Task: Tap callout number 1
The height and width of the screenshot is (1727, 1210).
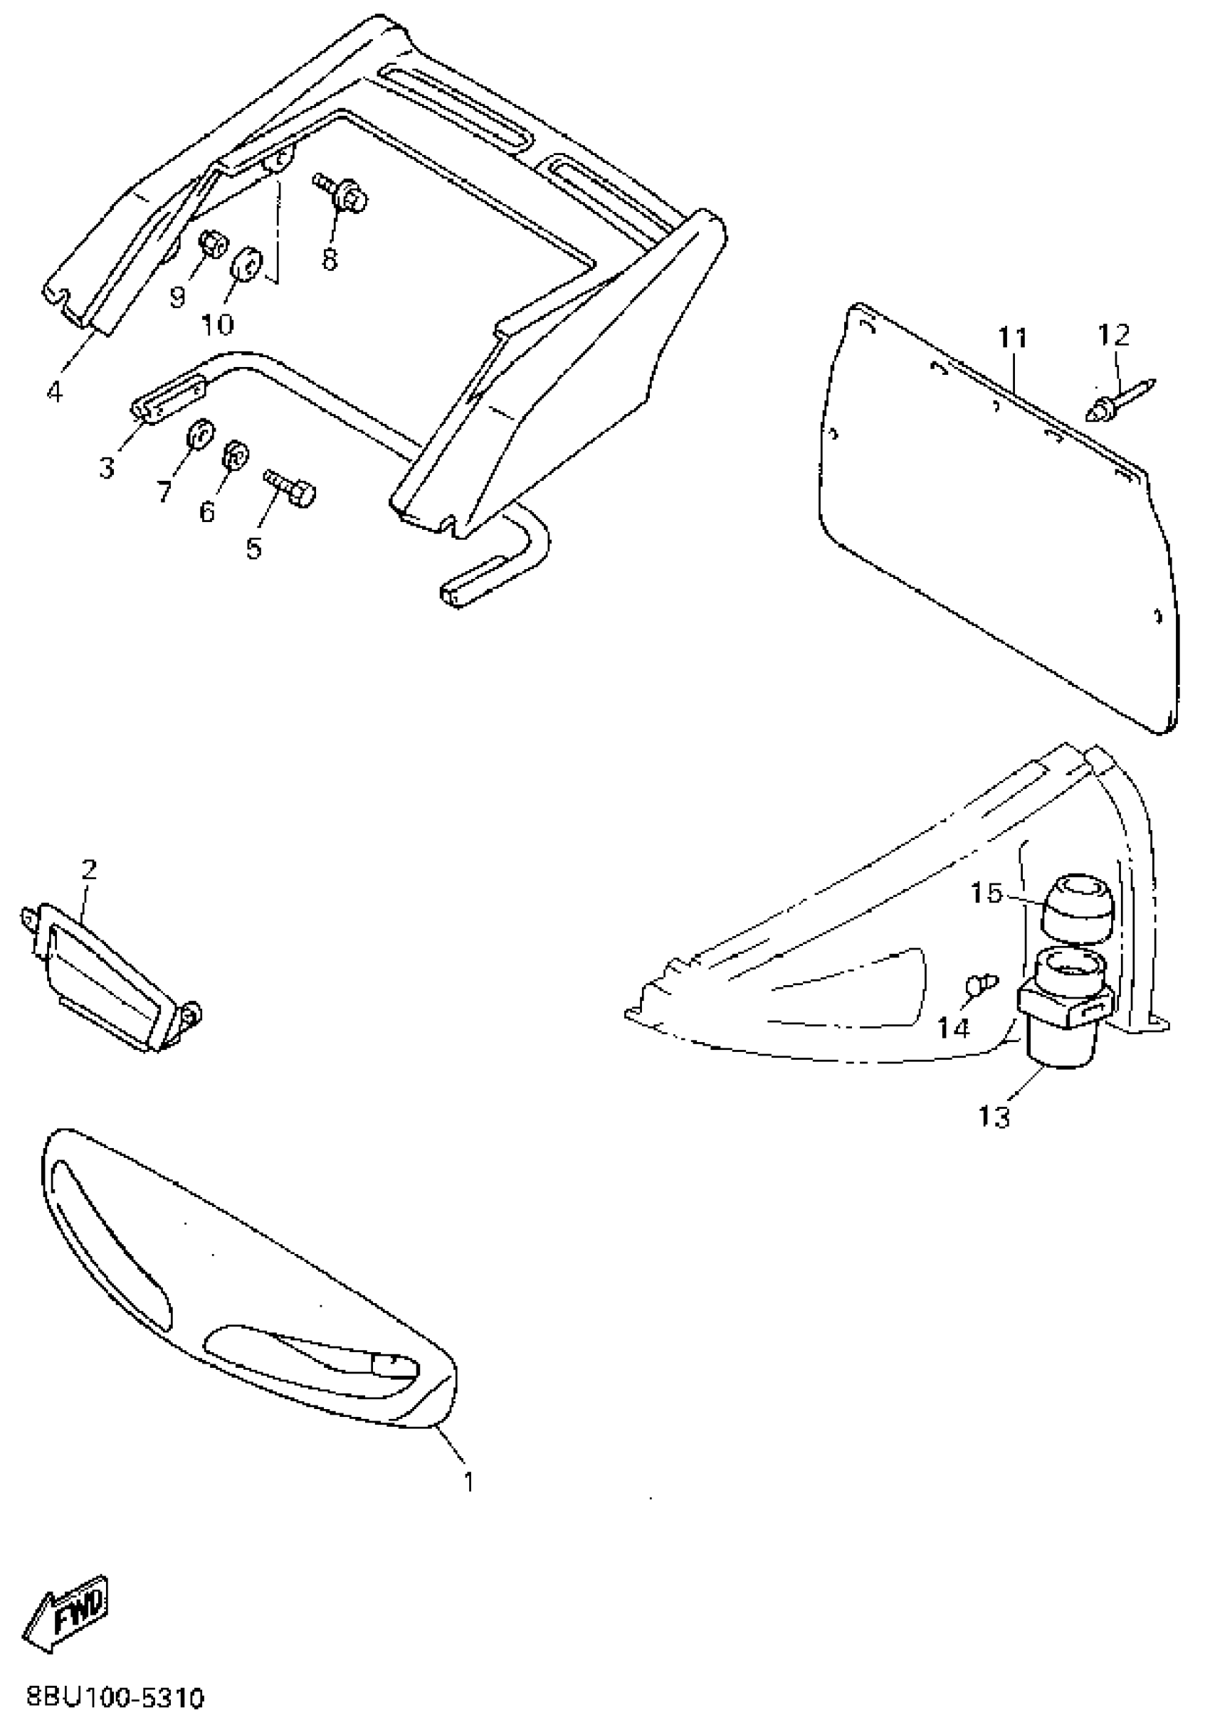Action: pyautogui.click(x=469, y=1482)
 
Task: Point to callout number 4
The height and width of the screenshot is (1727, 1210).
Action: pyautogui.click(x=55, y=391)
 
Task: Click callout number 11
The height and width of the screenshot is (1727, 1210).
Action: pyautogui.click(x=1013, y=339)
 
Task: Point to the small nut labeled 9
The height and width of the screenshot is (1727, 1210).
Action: pyautogui.click(x=210, y=244)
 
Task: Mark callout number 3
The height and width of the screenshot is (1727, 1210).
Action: pyautogui.click(x=107, y=467)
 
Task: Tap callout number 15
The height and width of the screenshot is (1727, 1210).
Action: pyautogui.click(x=987, y=893)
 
